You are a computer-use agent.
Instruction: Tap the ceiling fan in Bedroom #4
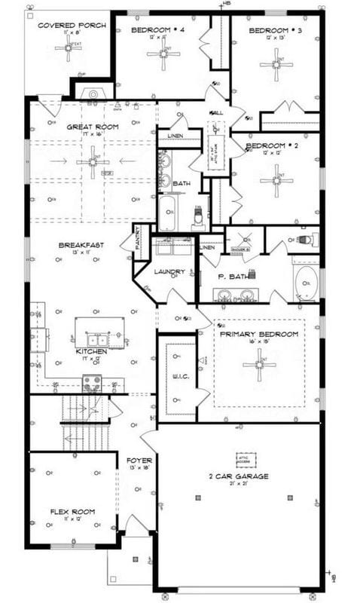tap(163, 54)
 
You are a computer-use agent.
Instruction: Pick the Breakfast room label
tap(81, 245)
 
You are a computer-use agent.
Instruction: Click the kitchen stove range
tap(92, 384)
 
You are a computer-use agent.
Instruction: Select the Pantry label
tap(139, 240)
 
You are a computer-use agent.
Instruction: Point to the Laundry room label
tap(170, 271)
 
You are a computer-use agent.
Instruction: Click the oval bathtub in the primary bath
tap(306, 283)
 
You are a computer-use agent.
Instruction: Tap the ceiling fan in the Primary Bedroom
tap(259, 365)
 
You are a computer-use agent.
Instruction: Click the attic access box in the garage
tap(246, 459)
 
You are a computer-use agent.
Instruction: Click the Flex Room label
tap(72, 512)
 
